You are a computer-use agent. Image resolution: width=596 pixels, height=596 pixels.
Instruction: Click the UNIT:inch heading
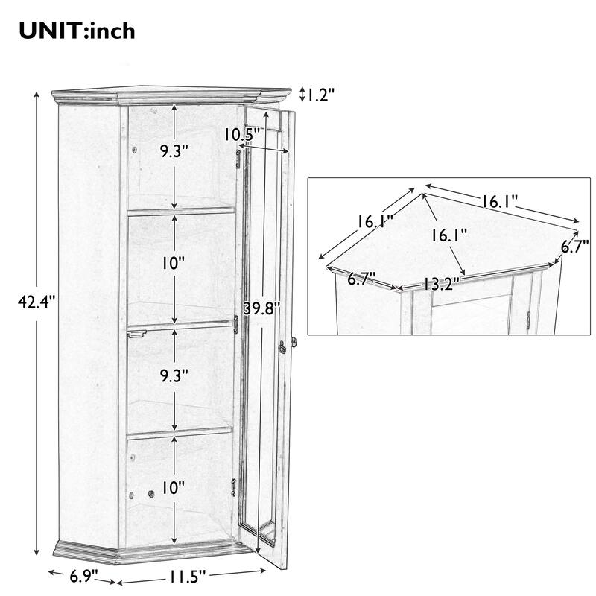coord(77,31)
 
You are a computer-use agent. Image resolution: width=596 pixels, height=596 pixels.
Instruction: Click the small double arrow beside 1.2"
coord(302,95)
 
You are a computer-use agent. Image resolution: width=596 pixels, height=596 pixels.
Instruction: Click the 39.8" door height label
coord(262,308)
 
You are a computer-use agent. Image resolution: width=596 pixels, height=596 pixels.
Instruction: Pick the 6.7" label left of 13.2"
coord(362,279)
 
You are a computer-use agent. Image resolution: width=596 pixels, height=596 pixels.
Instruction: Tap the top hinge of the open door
coord(238,159)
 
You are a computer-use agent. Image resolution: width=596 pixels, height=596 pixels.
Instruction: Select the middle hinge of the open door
coord(236,323)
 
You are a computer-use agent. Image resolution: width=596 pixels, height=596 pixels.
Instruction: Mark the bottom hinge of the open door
coord(235,486)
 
